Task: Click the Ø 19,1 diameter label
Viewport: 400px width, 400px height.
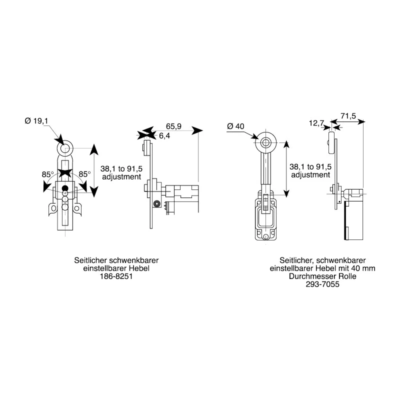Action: point(36,121)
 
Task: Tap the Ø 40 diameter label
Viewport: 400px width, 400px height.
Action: point(235,126)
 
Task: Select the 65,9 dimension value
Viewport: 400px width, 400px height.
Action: point(173,126)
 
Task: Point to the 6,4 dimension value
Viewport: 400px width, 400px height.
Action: point(164,135)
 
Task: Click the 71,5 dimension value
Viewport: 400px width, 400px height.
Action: point(348,116)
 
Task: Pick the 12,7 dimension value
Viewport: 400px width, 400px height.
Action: point(316,123)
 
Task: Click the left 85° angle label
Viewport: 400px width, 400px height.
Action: point(47,174)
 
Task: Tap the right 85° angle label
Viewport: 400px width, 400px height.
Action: point(84,174)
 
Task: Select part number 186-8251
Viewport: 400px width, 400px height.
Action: point(116,276)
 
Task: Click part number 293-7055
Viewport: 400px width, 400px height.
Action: point(322,284)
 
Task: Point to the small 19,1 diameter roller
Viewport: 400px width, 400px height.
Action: point(65,148)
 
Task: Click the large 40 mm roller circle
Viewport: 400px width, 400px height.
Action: point(266,142)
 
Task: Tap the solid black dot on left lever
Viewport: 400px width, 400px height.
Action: point(65,188)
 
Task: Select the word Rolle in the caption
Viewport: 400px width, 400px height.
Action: point(347,276)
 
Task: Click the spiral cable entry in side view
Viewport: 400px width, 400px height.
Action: point(156,203)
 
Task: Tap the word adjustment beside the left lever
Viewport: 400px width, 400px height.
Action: point(121,177)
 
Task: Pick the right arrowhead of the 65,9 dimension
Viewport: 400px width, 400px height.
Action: point(197,130)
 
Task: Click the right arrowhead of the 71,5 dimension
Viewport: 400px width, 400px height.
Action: point(361,122)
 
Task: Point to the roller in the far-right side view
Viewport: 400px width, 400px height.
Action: point(331,142)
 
